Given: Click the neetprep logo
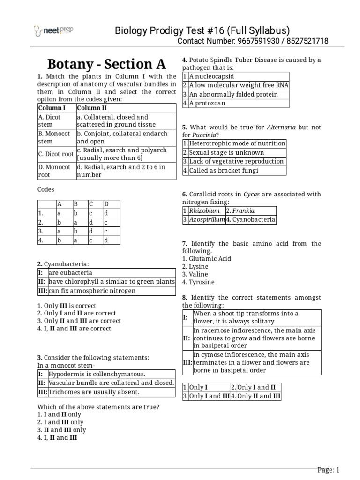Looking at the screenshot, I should [x=53, y=31].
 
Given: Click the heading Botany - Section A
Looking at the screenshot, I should [x=107, y=64].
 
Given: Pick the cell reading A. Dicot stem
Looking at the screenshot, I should [x=50, y=121].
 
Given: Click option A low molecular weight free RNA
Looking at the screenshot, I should [x=239, y=85].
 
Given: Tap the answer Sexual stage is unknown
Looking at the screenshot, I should [x=226, y=152].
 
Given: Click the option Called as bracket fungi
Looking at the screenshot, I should [x=224, y=171].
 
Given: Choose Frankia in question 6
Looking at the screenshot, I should [x=243, y=211].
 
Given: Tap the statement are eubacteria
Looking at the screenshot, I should [x=70, y=273].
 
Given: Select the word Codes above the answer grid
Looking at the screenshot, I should [x=46, y=190].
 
